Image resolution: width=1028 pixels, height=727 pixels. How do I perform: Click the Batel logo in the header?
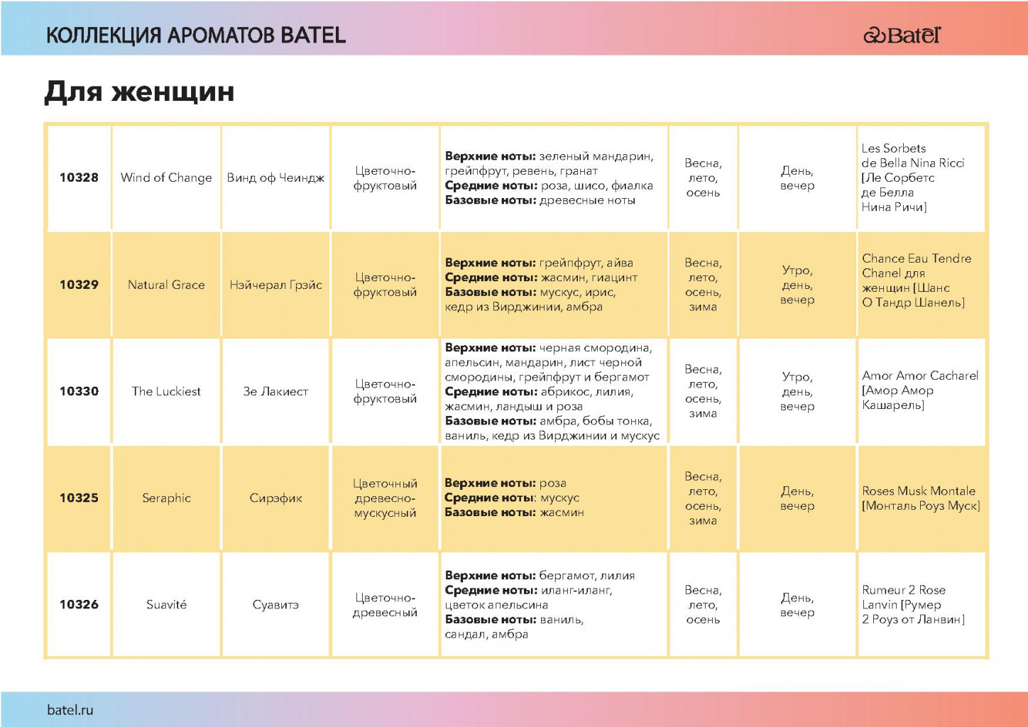tap(902, 35)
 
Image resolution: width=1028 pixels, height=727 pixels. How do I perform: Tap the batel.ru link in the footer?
tap(70, 709)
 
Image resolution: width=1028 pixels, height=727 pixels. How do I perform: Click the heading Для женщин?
tap(139, 92)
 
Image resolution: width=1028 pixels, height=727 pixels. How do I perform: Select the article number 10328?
tap(79, 177)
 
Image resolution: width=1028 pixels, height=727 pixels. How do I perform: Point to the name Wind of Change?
tap(166, 177)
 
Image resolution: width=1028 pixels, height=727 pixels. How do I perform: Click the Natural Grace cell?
tap(166, 285)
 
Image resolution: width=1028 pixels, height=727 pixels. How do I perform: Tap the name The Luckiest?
tap(166, 391)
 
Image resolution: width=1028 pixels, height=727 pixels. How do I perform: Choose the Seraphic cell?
tap(166, 498)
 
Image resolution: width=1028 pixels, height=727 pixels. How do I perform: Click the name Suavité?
tap(166, 604)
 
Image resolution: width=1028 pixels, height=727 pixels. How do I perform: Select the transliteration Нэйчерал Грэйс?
tap(276, 285)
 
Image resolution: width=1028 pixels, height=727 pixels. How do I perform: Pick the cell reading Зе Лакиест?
tap(276, 391)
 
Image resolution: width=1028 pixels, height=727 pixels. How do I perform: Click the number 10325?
tap(79, 498)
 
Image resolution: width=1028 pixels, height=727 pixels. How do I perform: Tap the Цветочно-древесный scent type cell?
tap(385, 605)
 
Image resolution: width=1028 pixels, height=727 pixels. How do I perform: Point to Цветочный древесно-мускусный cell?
tap(385, 498)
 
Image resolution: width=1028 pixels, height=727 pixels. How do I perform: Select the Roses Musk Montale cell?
tap(921, 498)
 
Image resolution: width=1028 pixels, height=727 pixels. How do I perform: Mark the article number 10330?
tap(79, 391)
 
